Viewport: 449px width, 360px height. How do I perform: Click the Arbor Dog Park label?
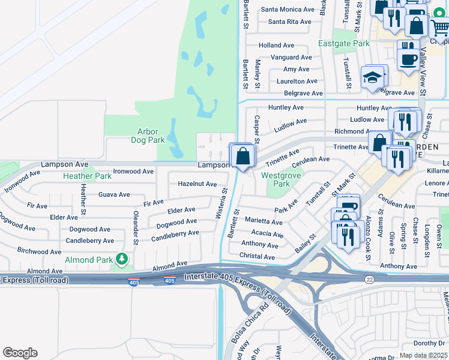pos(148,136)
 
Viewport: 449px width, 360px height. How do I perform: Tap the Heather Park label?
pos(87,176)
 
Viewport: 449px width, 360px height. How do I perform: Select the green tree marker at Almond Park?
pos(122,259)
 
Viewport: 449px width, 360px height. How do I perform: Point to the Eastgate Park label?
pos(352,44)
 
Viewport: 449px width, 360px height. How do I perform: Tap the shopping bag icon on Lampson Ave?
pos(242,157)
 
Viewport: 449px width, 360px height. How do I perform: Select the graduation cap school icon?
pos(372,78)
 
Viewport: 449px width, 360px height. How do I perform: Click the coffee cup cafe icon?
pos(408,59)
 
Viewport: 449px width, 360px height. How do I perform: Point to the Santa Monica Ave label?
pos(288,10)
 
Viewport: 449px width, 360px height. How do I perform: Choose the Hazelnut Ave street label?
pos(197,184)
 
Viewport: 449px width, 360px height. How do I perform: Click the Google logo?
pos(20,353)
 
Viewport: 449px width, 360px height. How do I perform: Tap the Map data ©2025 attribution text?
pos(423,355)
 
